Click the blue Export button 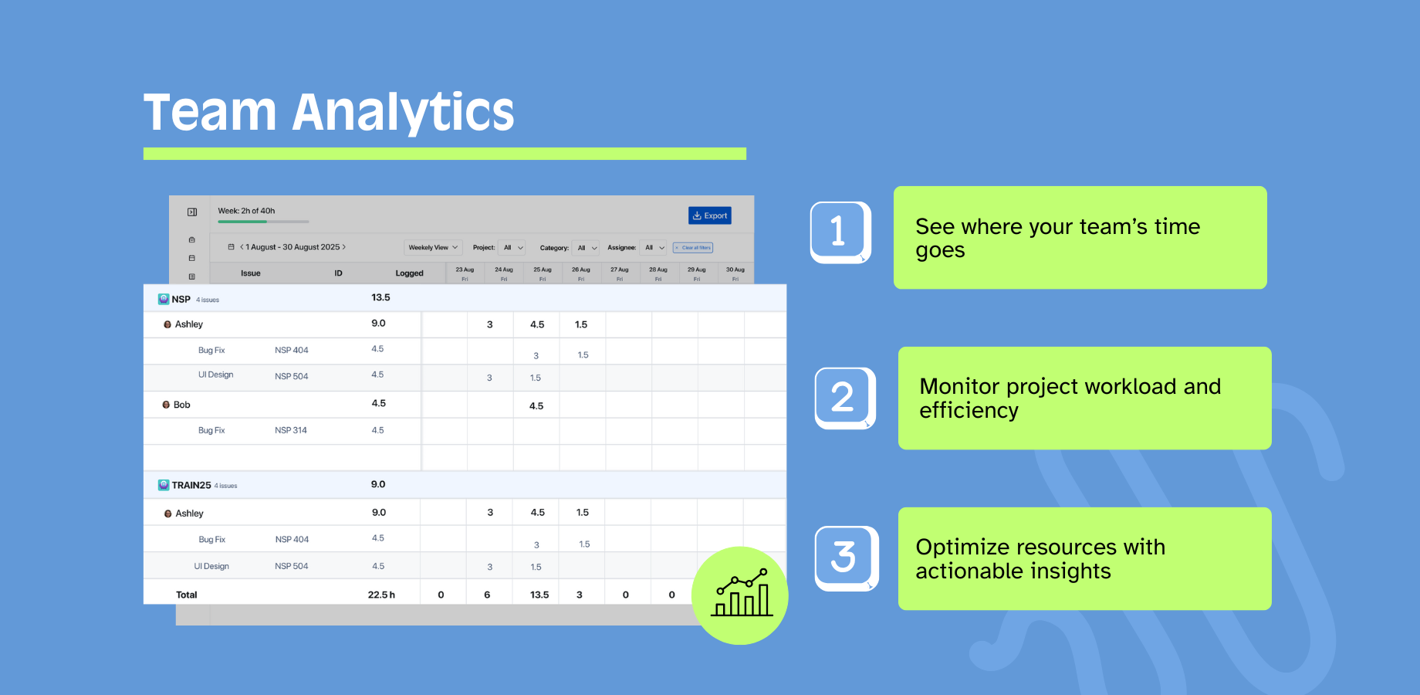coord(710,215)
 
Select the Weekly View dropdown coord(432,248)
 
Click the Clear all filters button coord(693,248)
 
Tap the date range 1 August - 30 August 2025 coord(292,247)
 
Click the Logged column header coord(409,273)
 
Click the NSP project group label coord(181,300)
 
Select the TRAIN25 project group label coord(191,486)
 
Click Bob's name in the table coord(181,405)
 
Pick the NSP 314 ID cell coord(291,431)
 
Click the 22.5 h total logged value coord(381,595)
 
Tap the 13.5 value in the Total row coord(539,595)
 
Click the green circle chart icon coord(740,595)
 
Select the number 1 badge coord(840,232)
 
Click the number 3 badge coord(846,558)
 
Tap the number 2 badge coord(844,397)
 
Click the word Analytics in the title coord(403,113)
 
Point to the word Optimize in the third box coord(962,548)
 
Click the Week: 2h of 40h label coord(246,211)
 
